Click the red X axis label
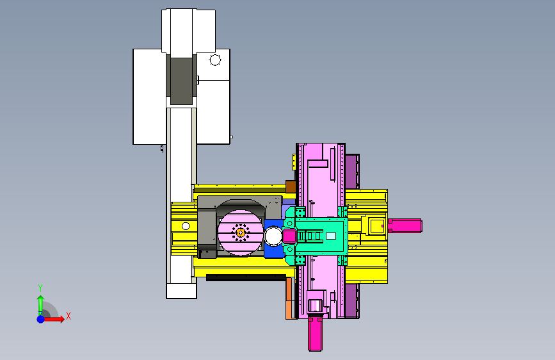(x=68, y=316)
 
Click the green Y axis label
(x=40, y=288)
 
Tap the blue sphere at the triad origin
(x=41, y=319)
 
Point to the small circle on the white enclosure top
(x=215, y=60)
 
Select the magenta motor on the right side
(x=405, y=225)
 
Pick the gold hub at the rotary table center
(x=241, y=233)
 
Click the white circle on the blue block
(x=273, y=236)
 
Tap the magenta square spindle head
(x=289, y=236)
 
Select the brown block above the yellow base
(x=291, y=187)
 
